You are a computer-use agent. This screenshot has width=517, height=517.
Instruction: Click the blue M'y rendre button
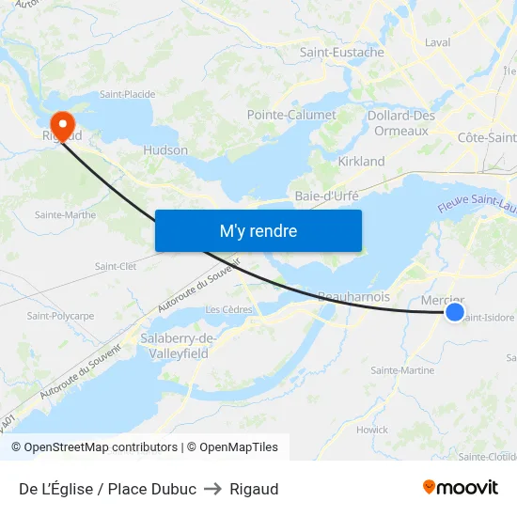tap(258, 230)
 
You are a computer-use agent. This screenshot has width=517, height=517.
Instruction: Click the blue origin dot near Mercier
tap(454, 313)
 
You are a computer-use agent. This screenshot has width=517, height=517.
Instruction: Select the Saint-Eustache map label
tap(341, 53)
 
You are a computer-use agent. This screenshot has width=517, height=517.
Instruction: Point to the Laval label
tap(438, 42)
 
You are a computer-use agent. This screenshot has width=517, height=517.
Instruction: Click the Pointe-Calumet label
tap(291, 115)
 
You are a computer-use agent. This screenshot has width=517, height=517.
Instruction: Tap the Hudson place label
tap(165, 150)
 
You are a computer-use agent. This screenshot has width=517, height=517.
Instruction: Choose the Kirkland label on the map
tap(361, 162)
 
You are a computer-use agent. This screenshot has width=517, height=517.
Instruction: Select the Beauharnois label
tap(353, 296)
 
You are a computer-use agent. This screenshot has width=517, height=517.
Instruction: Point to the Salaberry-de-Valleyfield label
tap(179, 346)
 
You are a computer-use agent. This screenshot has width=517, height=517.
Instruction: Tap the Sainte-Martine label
tap(402, 370)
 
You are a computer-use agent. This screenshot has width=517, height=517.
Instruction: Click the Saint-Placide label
tap(128, 94)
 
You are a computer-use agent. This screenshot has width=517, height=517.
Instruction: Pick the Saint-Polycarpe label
tap(60, 316)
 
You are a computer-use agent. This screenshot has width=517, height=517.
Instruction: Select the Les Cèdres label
tap(229, 309)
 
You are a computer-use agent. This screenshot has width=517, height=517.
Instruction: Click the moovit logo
tap(461, 488)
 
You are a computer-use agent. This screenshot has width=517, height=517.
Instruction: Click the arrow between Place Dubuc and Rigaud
tap(212, 489)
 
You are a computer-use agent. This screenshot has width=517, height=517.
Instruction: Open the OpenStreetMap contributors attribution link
tap(101, 447)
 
